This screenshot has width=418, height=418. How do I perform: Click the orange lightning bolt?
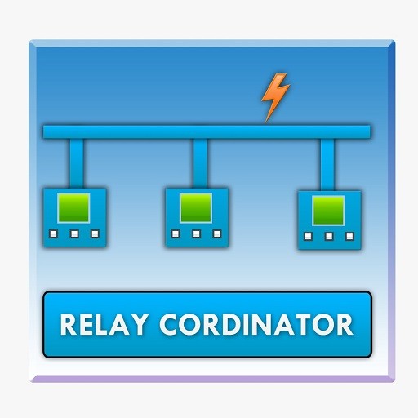click(275, 96)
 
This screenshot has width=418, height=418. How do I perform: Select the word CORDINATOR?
click(256, 324)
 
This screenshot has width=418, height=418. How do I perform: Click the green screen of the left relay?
click(73, 208)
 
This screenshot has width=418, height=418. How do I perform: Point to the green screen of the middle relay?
click(196, 208)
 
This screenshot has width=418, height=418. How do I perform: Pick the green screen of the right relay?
click(328, 211)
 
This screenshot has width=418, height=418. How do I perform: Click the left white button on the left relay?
click(54, 233)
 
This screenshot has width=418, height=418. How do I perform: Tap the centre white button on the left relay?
click(74, 233)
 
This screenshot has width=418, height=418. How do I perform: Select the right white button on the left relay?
click(95, 233)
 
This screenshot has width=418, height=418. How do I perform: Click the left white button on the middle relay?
click(176, 233)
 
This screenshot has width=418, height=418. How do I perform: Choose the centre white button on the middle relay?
click(197, 233)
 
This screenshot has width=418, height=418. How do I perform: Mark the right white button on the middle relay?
click(217, 233)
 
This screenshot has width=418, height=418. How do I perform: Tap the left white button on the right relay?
click(308, 236)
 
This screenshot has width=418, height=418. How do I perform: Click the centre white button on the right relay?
click(329, 236)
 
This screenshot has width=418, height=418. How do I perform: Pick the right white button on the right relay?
click(349, 236)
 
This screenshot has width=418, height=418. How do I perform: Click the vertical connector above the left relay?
click(77, 163)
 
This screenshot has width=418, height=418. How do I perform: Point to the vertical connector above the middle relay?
click(200, 163)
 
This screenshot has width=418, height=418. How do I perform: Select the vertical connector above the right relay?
click(327, 165)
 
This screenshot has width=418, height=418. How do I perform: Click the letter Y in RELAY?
click(139, 324)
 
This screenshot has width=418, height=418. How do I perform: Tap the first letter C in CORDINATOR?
click(169, 324)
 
